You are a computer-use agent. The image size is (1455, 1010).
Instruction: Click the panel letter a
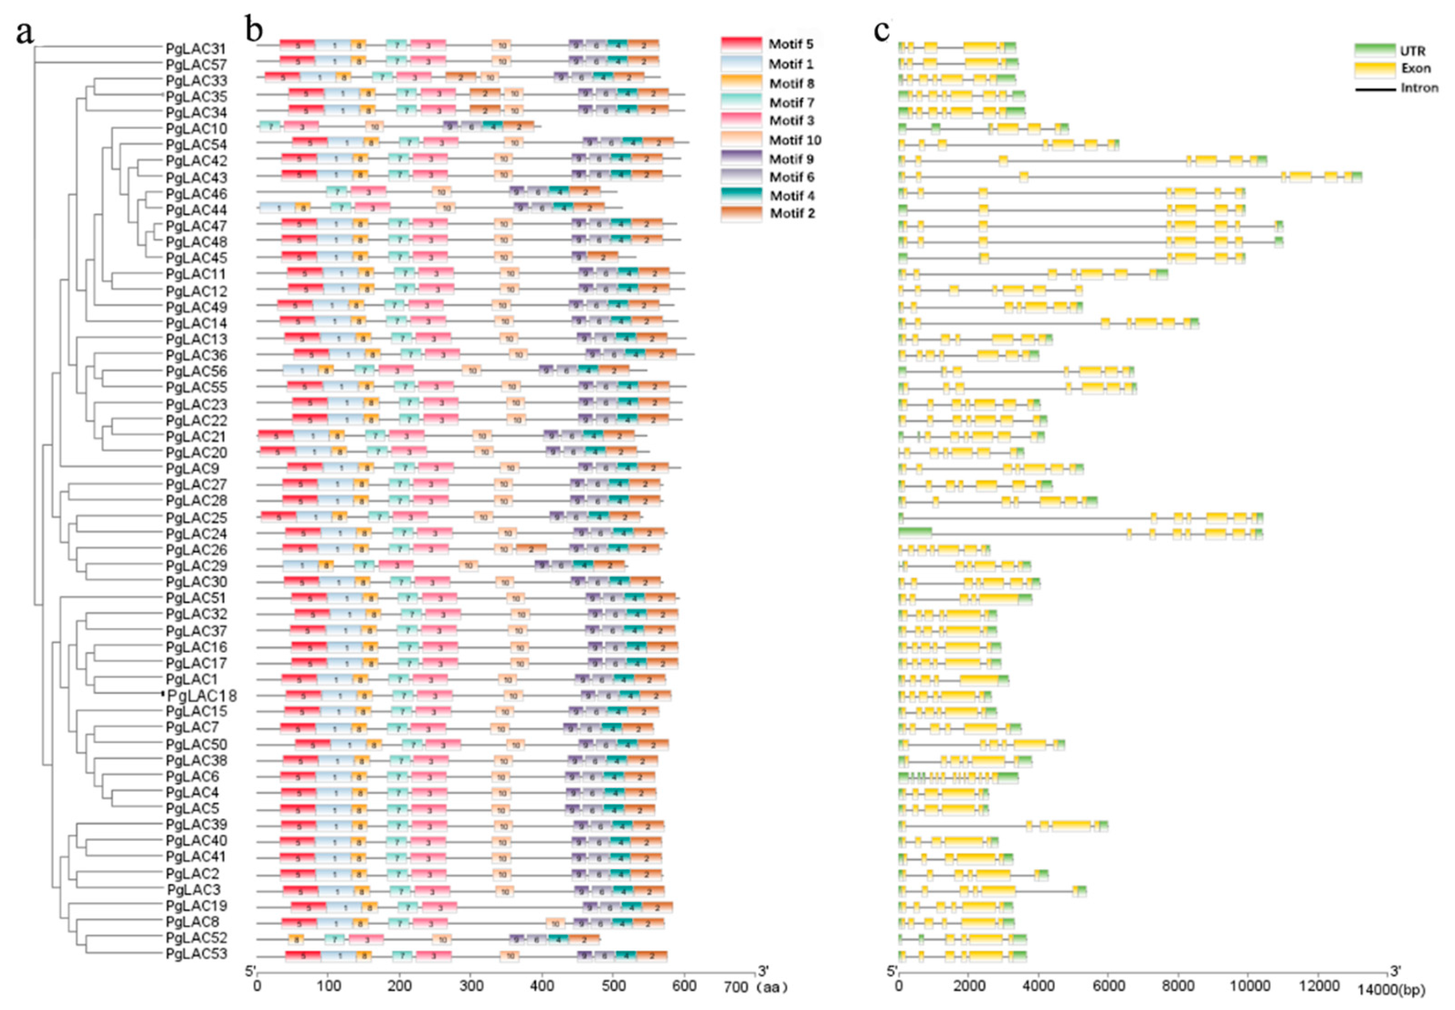pyautogui.click(x=24, y=32)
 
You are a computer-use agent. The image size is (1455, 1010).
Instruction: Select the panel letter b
pyautogui.click(x=254, y=29)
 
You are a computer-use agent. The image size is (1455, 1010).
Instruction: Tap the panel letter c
pyautogui.click(x=881, y=30)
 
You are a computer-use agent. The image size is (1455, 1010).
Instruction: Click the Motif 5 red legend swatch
pyautogui.click(x=741, y=44)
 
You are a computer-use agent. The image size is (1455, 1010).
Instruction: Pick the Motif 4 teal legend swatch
pyautogui.click(x=741, y=196)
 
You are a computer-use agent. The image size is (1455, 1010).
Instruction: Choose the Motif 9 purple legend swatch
pyautogui.click(x=741, y=158)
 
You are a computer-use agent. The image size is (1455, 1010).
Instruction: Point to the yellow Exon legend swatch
pyautogui.click(x=1374, y=69)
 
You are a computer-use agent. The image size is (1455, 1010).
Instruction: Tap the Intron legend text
pyautogui.click(x=1419, y=88)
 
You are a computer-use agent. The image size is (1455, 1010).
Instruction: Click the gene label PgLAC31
pyautogui.click(x=195, y=49)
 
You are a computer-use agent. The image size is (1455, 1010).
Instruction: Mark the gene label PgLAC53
pyautogui.click(x=195, y=954)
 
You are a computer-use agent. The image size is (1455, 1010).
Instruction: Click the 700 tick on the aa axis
pyautogui.click(x=736, y=987)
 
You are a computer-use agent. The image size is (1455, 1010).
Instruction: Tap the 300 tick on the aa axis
pyautogui.click(x=471, y=987)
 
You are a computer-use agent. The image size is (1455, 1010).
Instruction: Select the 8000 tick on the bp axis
pyautogui.click(x=1178, y=987)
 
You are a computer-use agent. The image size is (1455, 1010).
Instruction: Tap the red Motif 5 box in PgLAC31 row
pyautogui.click(x=297, y=45)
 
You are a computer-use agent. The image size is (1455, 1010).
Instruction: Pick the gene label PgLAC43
pyautogui.click(x=195, y=178)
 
